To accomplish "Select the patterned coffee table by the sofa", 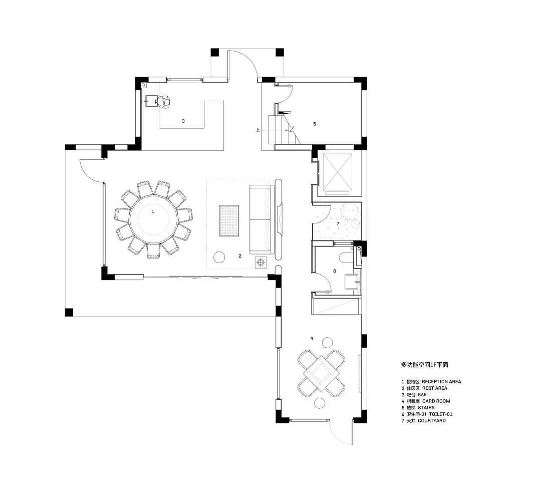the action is point(229,221).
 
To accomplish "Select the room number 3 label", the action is point(183,121).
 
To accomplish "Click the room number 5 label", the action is point(314,124).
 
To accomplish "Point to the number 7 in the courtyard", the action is point(338,223).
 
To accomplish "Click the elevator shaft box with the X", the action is point(338,172).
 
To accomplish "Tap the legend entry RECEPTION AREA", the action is point(441,382).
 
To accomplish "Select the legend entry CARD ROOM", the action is point(436,401).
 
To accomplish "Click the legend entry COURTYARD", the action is point(432,421).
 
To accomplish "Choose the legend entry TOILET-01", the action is point(441,414).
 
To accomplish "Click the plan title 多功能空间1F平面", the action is point(424,364).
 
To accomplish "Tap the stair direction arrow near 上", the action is point(276,130).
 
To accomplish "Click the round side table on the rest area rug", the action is point(219,257).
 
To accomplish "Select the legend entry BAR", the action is point(422,395).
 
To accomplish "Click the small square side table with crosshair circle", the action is point(261,263).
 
